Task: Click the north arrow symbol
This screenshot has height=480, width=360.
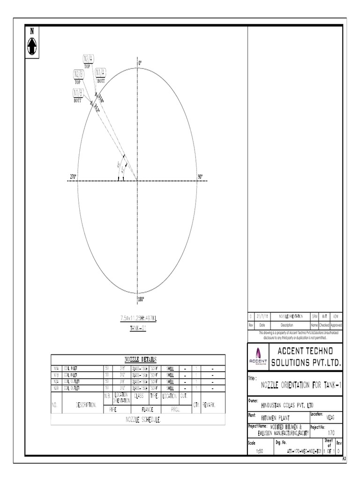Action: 32,45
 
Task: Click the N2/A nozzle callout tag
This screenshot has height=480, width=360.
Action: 89,59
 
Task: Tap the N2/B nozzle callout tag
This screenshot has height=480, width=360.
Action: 78,74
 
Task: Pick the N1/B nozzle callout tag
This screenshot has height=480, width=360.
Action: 77,92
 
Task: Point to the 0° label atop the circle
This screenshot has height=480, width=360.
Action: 140,62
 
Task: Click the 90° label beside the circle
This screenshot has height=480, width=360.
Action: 200,177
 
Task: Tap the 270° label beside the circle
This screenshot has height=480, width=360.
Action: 73,177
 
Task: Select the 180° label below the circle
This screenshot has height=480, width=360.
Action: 141,299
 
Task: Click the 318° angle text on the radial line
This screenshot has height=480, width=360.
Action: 101,98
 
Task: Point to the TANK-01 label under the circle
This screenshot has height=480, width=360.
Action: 138,328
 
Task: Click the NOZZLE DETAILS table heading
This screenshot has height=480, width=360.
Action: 137,359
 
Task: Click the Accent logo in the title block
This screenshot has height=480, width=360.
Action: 258,357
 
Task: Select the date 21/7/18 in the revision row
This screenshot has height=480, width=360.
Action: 262,317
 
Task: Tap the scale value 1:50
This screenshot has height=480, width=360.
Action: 260,451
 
